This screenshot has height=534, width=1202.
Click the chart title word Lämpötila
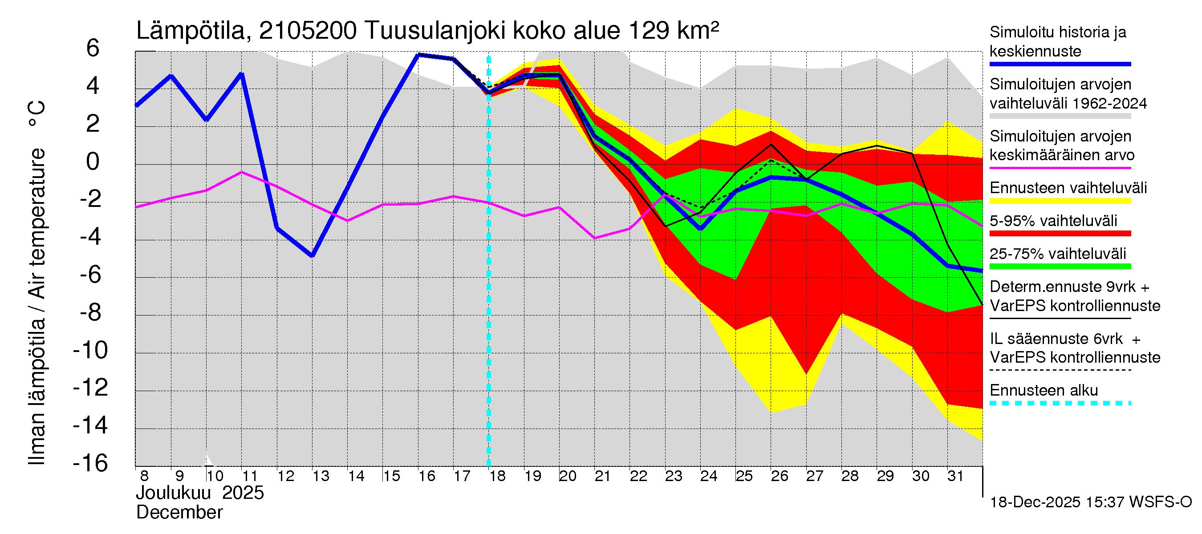point(191,31)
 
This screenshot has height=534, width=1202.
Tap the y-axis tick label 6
point(93,48)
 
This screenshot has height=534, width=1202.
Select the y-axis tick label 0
point(93,162)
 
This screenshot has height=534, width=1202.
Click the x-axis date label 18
point(497,476)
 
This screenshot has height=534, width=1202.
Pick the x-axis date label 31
point(955,476)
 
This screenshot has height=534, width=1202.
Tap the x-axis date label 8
point(144,476)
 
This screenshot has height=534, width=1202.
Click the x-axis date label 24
point(708,476)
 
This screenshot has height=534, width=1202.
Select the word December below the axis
point(179,513)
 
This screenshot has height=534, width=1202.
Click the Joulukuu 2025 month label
point(200,493)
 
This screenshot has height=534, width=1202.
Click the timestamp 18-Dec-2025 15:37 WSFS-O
point(1090,502)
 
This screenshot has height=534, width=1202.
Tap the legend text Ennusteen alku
point(1044,390)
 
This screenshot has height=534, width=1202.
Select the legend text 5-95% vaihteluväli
point(1053,221)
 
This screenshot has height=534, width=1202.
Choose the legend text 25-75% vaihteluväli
point(1057,254)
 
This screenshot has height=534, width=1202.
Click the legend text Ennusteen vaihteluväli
point(1068,188)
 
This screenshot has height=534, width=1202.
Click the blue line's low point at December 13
point(312,255)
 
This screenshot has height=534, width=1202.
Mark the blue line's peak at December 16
point(418,55)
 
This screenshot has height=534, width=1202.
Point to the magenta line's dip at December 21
point(594,238)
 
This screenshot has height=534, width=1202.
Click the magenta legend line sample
point(1060,168)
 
